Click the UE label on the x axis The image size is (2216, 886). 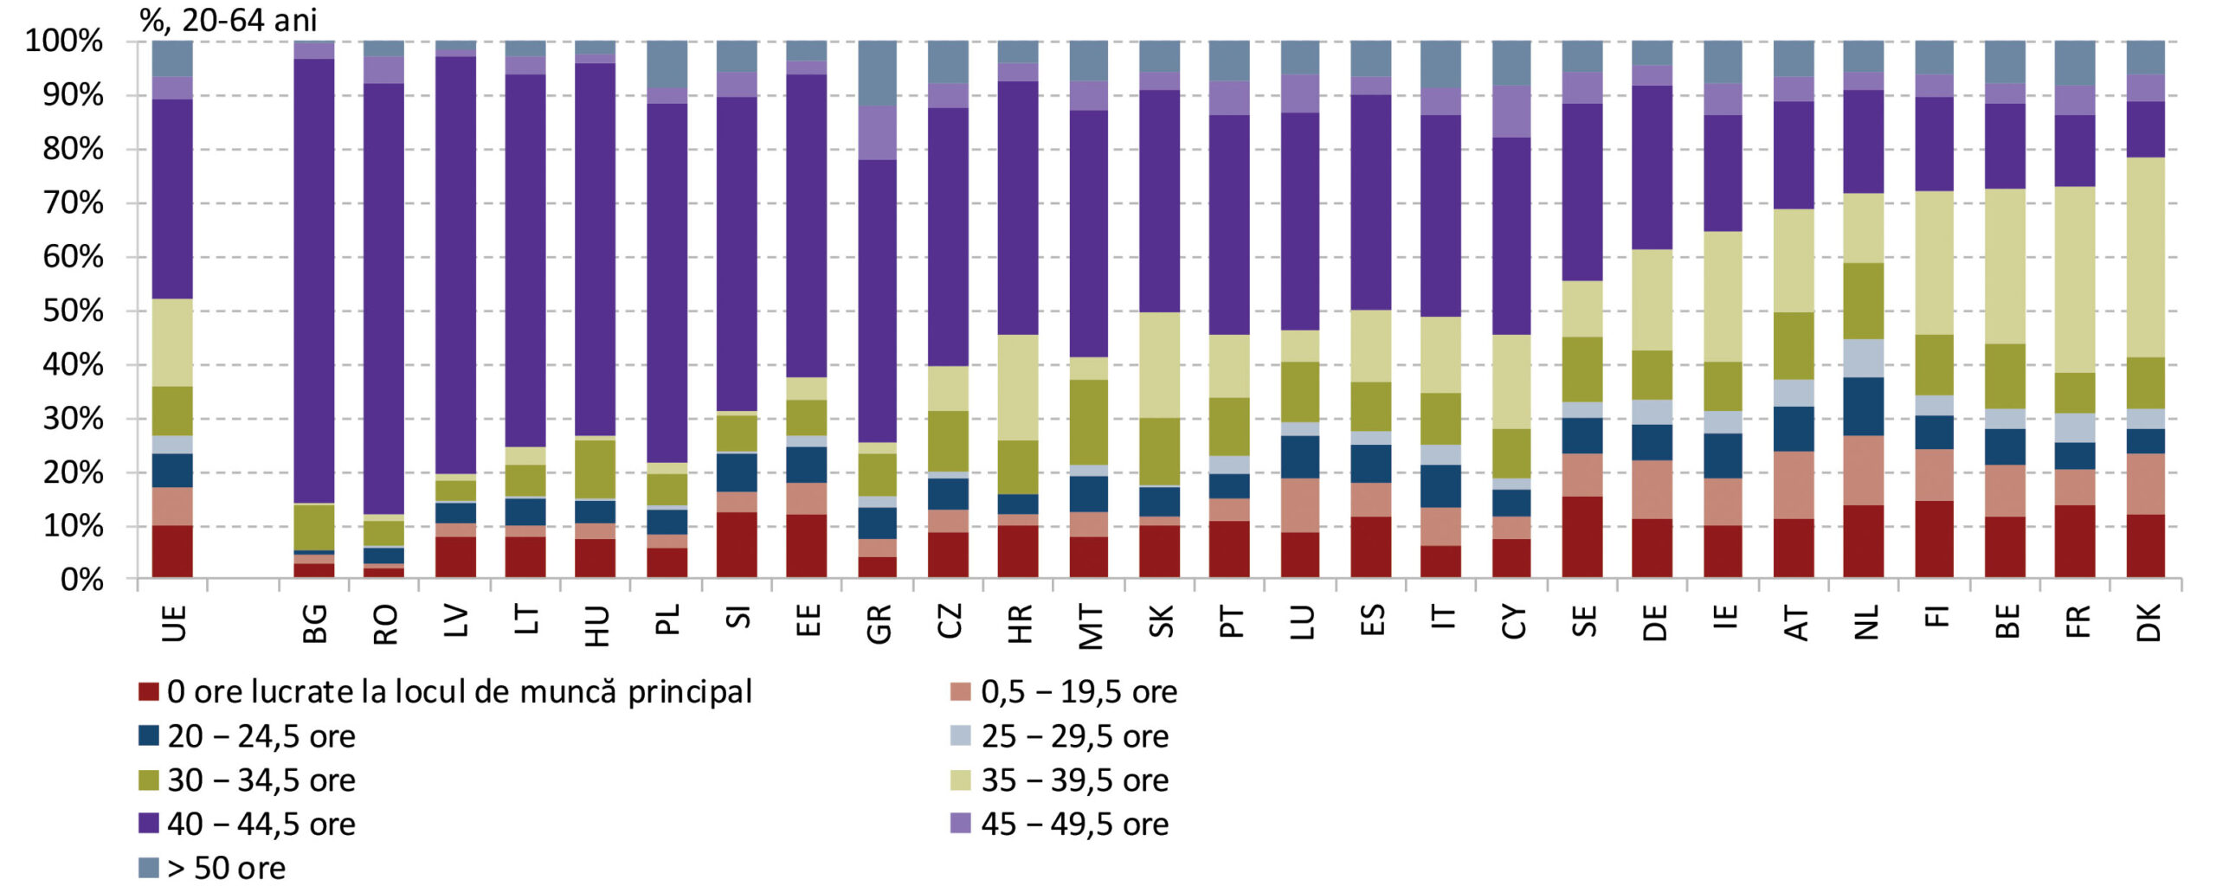pos(173,623)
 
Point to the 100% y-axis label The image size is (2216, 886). pos(64,41)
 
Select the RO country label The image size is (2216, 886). pos(385,624)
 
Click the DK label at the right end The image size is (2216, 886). pos(2148,623)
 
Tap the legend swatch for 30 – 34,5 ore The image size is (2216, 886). pos(149,780)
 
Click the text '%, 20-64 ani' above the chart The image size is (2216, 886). pos(228,19)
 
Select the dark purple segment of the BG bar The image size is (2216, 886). pos(314,277)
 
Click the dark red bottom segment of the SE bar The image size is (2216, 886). pos(1582,536)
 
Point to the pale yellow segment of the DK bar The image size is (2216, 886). pos(2146,257)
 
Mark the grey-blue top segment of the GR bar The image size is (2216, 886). pos(878,73)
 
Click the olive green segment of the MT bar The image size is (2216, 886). pos(1089,421)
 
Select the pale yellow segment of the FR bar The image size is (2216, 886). pos(2075,279)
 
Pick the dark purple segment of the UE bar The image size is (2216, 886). pos(172,199)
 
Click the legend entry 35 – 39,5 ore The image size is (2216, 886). pos(1074,780)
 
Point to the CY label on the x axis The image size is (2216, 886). pos(1513,623)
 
